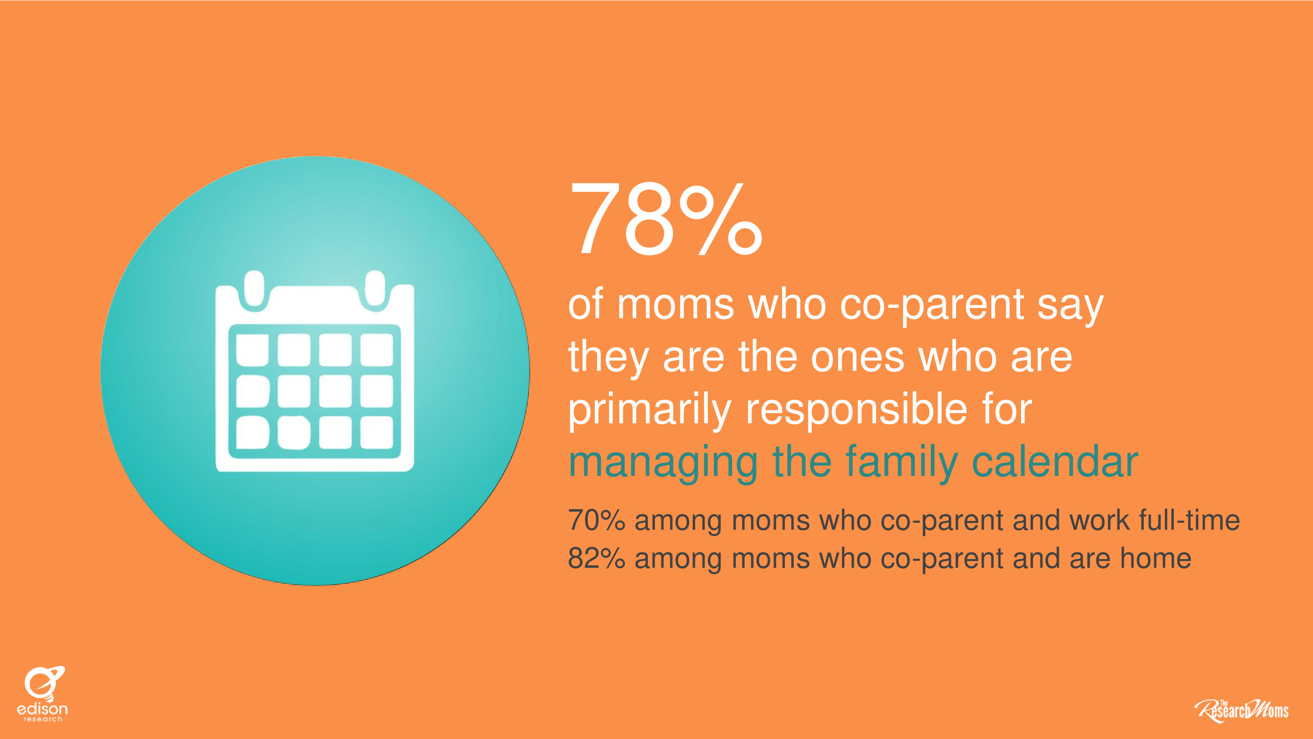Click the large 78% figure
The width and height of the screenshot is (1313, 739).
tap(666, 219)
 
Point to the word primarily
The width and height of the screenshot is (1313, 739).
tap(650, 411)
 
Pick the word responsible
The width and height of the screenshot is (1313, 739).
tap(857, 411)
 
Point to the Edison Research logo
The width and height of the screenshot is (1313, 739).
tap(43, 693)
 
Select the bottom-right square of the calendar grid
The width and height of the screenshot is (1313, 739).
tap(377, 433)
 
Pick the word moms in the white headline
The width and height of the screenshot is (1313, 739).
tap(675, 305)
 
